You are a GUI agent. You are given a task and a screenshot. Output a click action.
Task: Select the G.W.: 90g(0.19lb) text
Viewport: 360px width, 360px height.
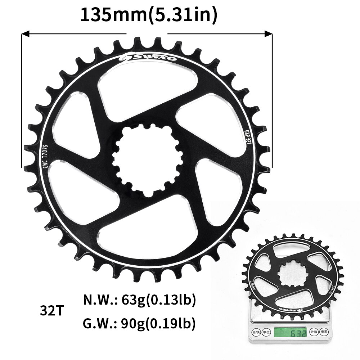point(140,324)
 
